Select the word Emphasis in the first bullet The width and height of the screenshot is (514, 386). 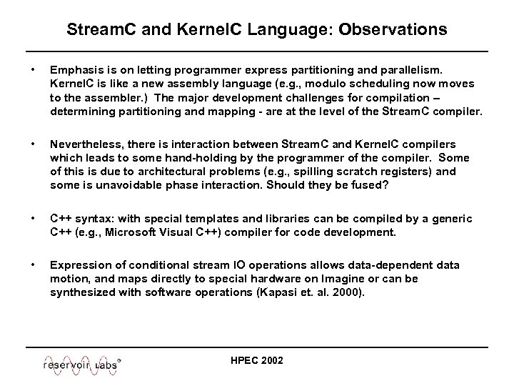(76, 71)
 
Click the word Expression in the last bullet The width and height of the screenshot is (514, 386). (81, 265)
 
